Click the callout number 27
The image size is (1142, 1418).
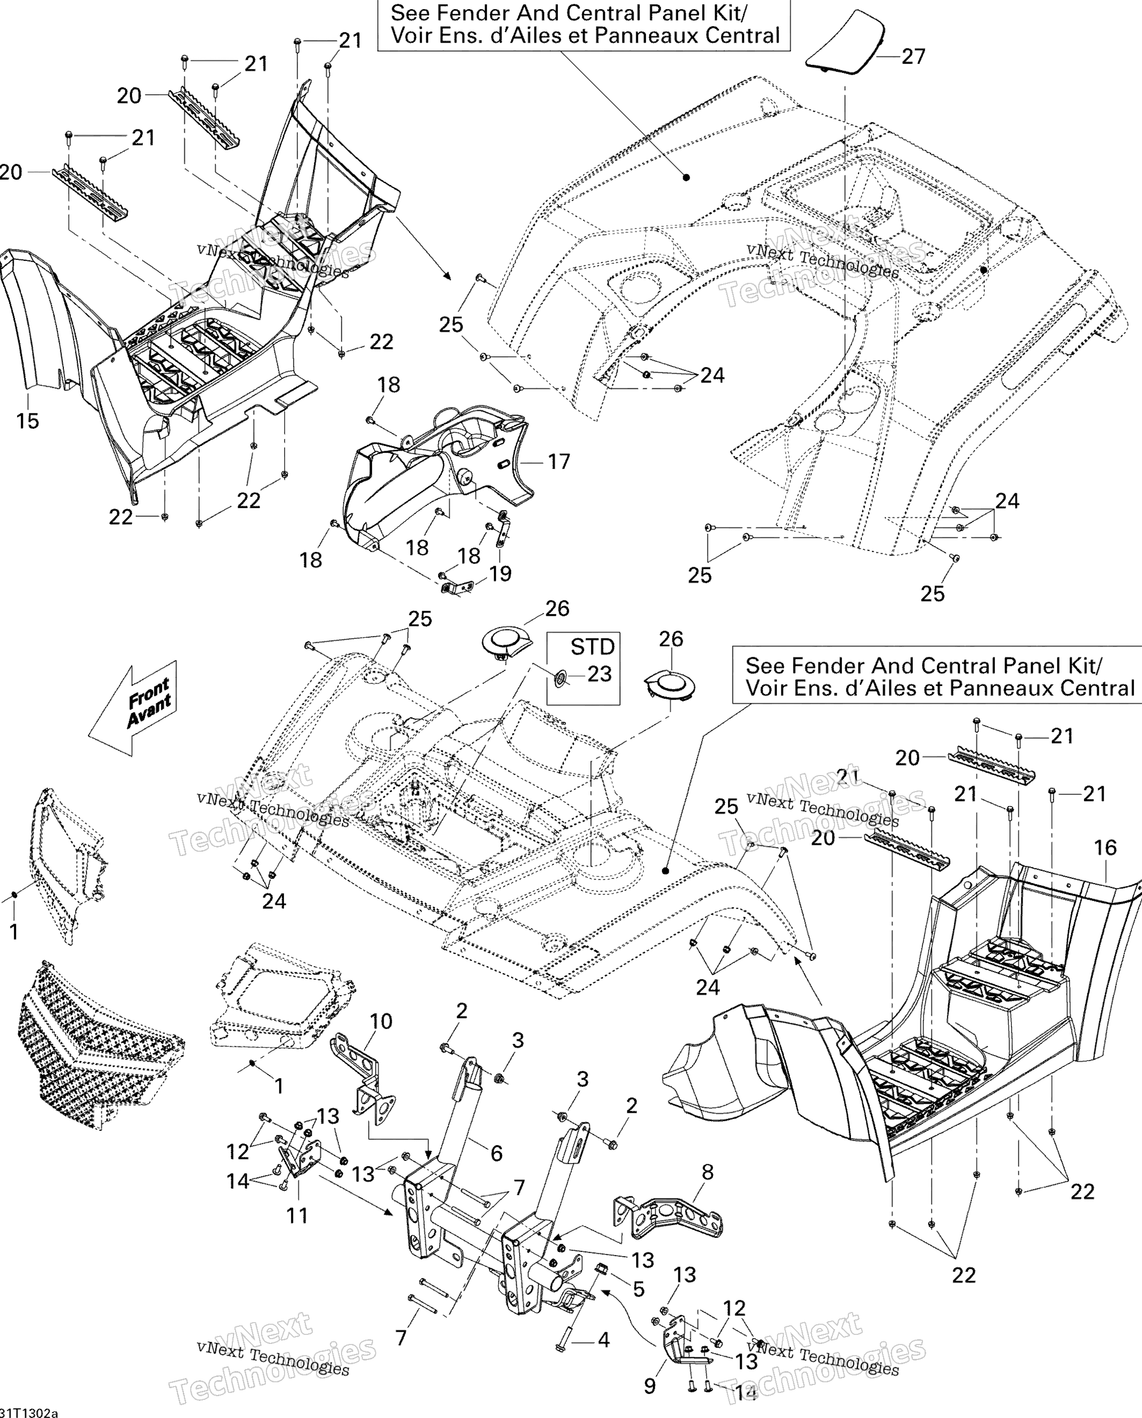coord(913,56)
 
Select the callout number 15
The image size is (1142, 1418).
coord(28,421)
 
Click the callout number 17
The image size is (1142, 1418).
coord(558,462)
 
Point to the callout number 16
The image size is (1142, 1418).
coord(1105,848)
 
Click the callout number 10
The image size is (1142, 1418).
coord(381,1021)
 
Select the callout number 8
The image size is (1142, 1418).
coord(708,1171)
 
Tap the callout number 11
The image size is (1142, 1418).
coord(297,1216)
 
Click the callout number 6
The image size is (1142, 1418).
coord(497,1153)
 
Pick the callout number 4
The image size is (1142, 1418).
coord(603,1340)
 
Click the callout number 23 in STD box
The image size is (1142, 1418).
coord(600,674)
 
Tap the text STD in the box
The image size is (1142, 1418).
coord(593,647)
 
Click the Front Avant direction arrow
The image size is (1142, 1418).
coord(133,708)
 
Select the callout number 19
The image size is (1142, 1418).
coord(500,574)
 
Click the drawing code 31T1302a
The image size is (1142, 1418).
coord(29,1412)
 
